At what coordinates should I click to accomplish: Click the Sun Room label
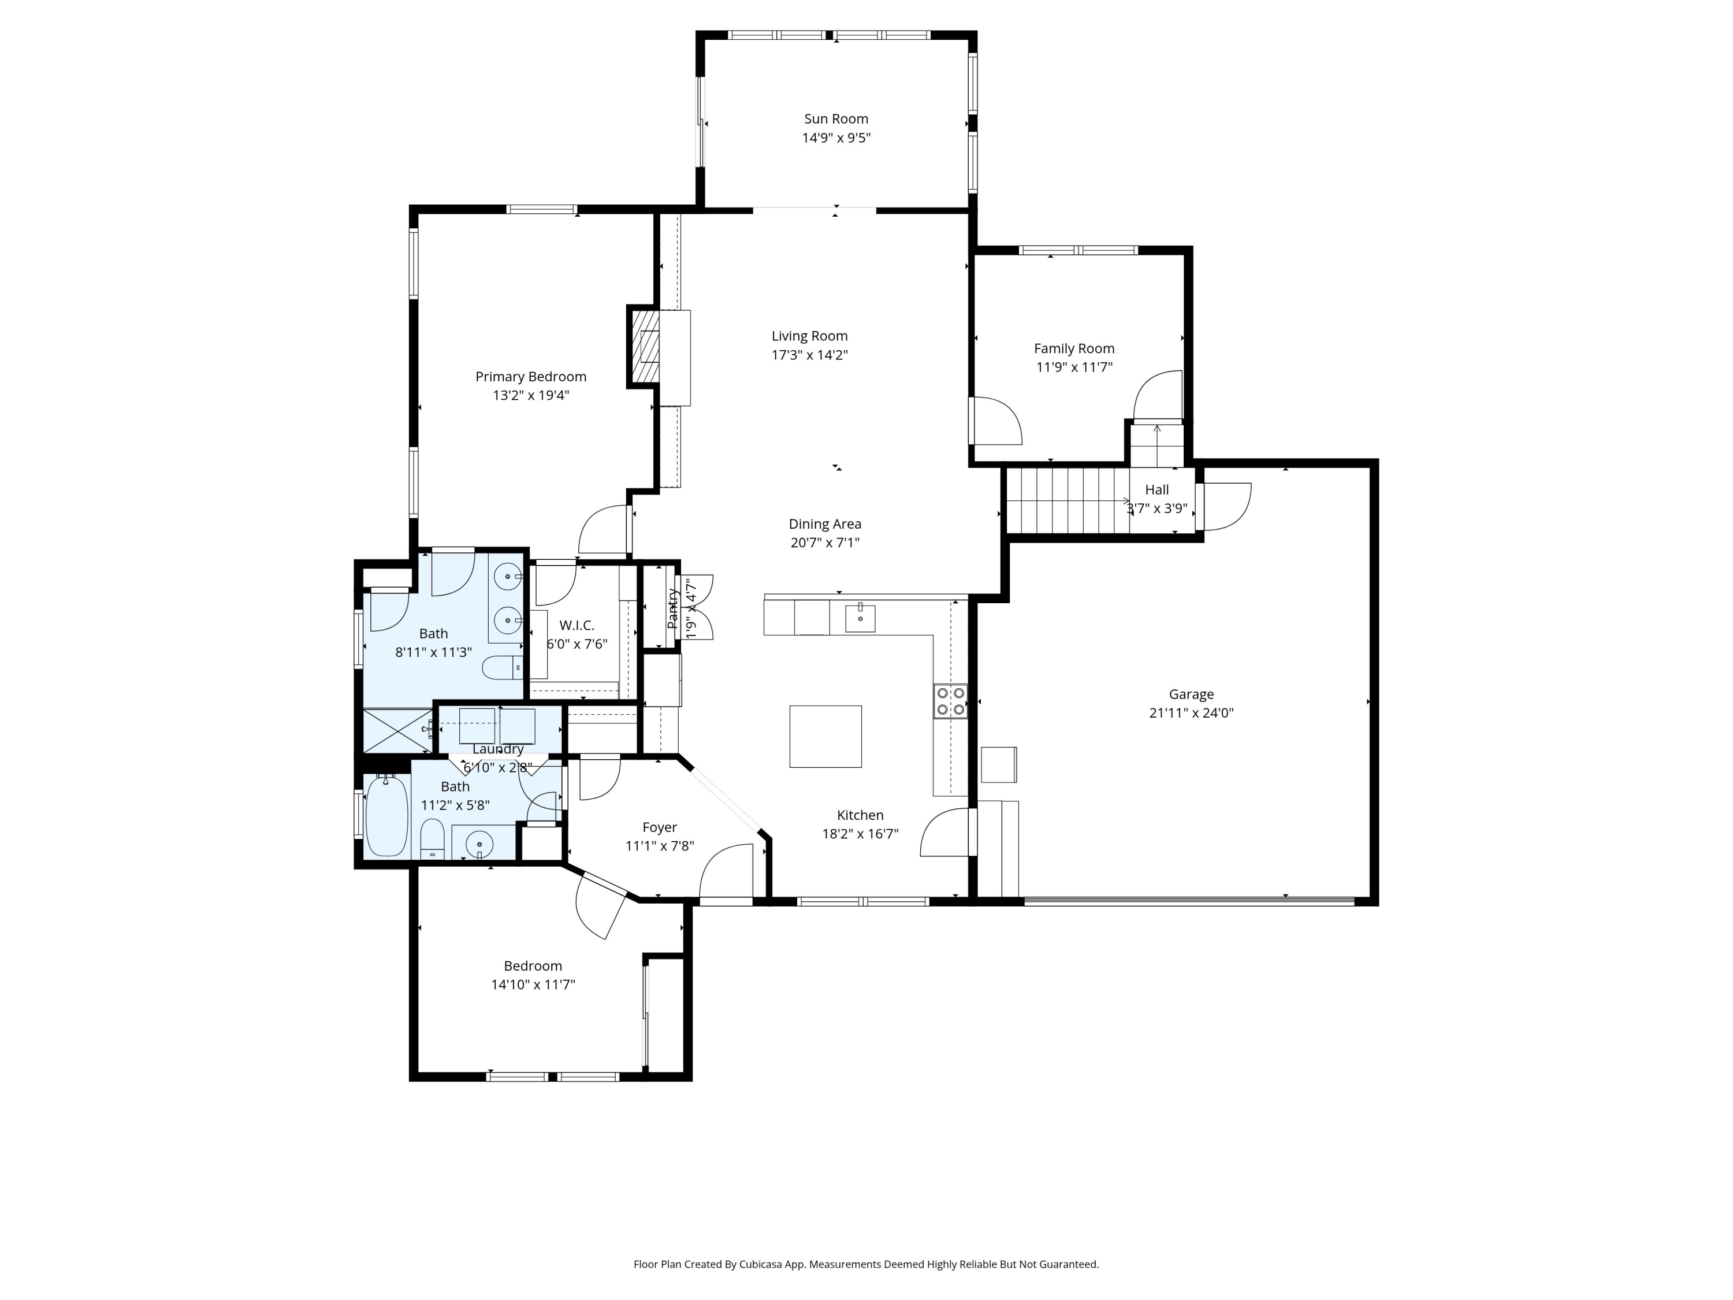(835, 119)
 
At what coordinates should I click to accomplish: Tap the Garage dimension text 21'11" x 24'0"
(1191, 713)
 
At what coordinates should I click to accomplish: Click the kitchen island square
(825, 736)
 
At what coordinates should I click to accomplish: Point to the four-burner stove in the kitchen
(950, 701)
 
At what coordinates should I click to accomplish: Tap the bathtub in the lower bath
(386, 816)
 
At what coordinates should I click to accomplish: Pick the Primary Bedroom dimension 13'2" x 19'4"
(530, 396)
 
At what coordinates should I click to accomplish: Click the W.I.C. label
(577, 625)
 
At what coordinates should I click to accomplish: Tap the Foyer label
(659, 827)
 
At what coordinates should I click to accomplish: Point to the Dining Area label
(824, 524)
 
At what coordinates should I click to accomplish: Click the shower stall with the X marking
(397, 730)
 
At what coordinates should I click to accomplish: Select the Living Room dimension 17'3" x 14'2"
(809, 355)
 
